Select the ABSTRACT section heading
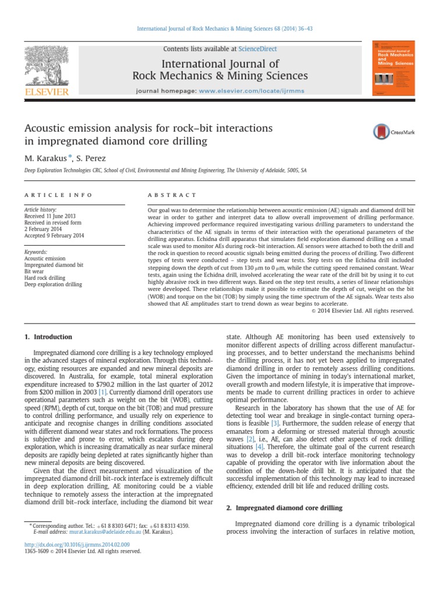172,195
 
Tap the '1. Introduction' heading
48,337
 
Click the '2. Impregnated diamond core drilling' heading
283,508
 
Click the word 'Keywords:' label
35,252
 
